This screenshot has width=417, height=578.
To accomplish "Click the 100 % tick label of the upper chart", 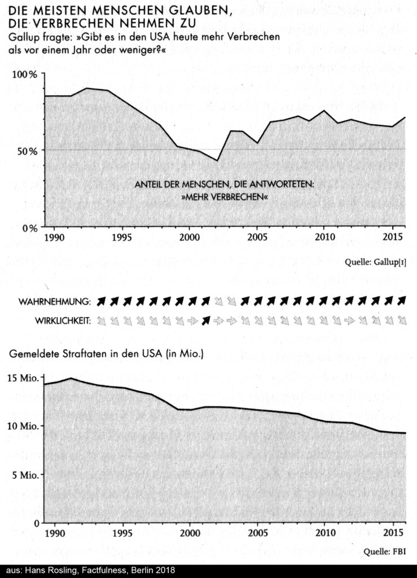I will [24, 75].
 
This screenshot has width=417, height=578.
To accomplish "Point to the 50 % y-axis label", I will [26, 151].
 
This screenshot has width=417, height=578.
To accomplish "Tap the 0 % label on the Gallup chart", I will [28, 227].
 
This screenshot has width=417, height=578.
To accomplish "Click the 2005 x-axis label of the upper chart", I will [257, 237].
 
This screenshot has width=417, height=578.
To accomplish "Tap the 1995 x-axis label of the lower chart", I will [122, 532].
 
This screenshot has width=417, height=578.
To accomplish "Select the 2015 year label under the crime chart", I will [393, 532].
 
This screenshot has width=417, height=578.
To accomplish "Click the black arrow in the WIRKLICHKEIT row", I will [206, 321].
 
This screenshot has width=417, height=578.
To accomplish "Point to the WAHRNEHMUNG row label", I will [54, 301].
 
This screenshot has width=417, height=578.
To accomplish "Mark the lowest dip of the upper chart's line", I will [217, 161].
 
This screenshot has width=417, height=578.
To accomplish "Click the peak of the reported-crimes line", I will [71, 378].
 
